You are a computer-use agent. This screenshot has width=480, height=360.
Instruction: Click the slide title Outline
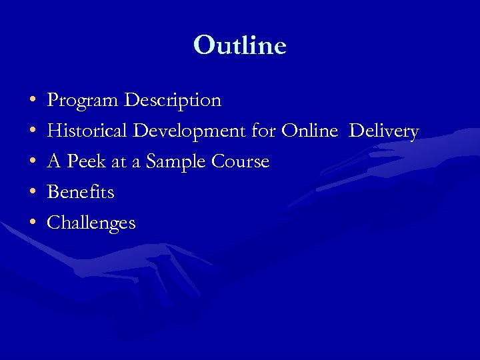coord(240,45)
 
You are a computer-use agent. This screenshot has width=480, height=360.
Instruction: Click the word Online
coord(309,131)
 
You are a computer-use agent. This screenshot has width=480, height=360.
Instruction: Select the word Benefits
coord(81,192)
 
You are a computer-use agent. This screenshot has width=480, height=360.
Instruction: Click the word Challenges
coord(91,223)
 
